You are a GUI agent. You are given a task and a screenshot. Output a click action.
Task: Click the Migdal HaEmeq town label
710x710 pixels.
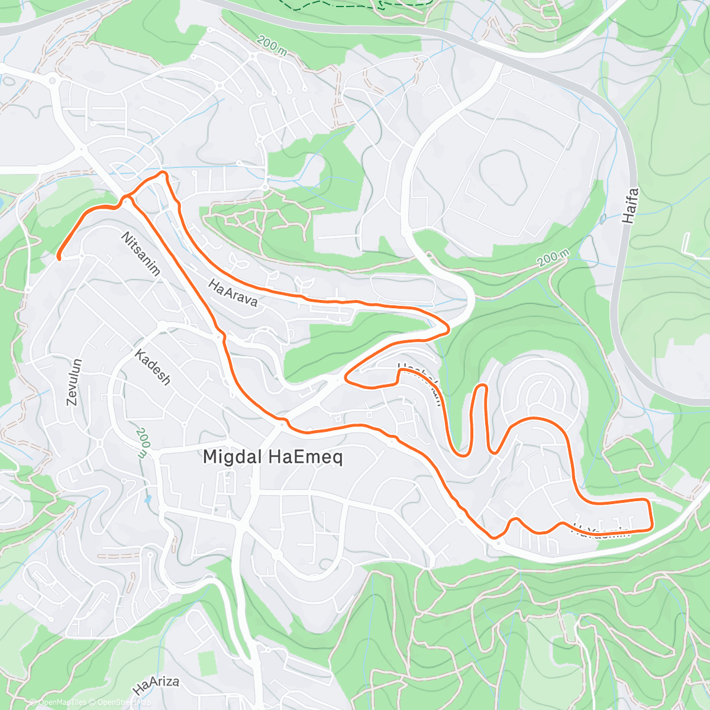[273, 457]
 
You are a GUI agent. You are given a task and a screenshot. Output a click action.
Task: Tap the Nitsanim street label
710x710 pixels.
[141, 254]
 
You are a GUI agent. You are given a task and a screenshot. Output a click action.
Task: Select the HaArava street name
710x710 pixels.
[233, 293]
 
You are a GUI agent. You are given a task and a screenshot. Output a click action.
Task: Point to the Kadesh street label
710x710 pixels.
[153, 367]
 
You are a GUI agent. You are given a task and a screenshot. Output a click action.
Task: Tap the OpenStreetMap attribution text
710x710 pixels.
[121, 702]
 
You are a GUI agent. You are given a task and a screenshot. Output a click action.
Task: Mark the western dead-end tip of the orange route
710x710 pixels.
[59, 257]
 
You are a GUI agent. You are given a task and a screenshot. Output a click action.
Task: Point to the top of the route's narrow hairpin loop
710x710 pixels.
[482, 386]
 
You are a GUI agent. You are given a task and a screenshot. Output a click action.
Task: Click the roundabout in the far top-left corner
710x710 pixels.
[53, 80]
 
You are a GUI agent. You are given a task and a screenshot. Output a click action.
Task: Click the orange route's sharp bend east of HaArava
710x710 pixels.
[447, 327]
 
